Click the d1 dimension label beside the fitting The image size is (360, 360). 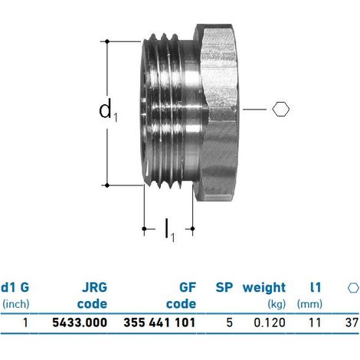point(108,110)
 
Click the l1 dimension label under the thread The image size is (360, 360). point(170,230)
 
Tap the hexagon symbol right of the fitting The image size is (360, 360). point(280,110)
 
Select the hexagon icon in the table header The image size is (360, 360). point(353,288)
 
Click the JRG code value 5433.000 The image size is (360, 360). point(80,322)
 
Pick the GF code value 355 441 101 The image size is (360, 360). point(159,322)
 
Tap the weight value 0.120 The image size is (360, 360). point(270,322)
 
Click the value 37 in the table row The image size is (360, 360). point(352,322)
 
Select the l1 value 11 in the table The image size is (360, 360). point(315,322)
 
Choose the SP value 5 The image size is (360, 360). point(230,322)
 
